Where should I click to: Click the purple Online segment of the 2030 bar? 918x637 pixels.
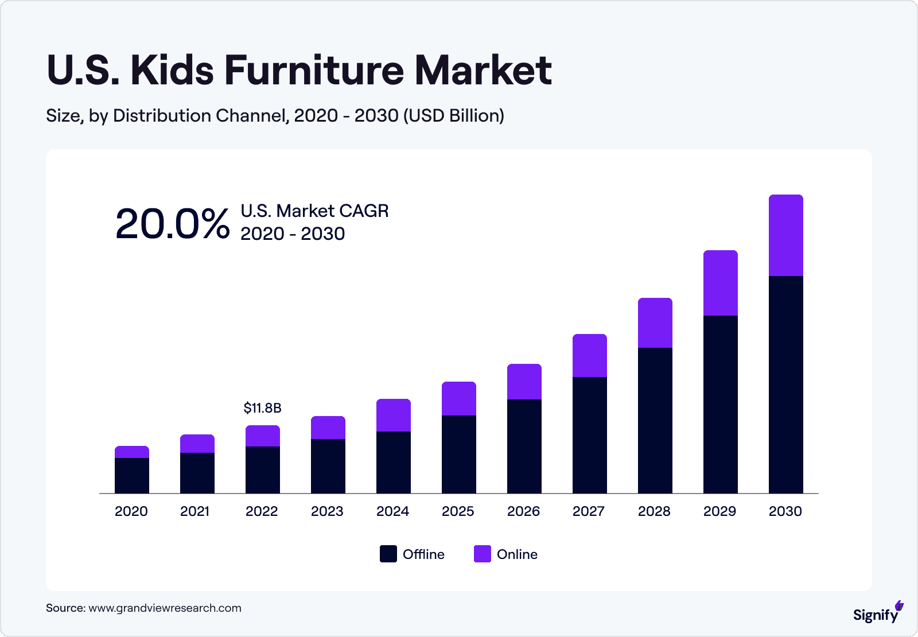pyautogui.click(x=785, y=236)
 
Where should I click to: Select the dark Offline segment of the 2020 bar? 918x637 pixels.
pyautogui.click(x=132, y=476)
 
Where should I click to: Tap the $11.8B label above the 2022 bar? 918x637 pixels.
pyautogui.click(x=262, y=408)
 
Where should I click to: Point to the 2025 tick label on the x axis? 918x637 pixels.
pyautogui.click(x=458, y=511)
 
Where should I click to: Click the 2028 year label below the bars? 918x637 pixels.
pyautogui.click(x=654, y=511)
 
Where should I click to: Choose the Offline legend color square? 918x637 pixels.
pyautogui.click(x=388, y=554)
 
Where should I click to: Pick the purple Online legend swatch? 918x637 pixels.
pyautogui.click(x=483, y=554)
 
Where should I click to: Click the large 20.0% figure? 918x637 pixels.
pyautogui.click(x=172, y=224)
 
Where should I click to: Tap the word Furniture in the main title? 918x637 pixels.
pyautogui.click(x=314, y=71)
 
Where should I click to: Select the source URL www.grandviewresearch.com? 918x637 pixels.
pyautogui.click(x=165, y=608)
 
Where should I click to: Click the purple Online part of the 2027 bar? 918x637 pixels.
pyautogui.click(x=589, y=356)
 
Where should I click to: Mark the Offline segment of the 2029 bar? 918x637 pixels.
pyautogui.click(x=720, y=404)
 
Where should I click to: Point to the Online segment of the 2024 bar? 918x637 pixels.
pyautogui.click(x=393, y=415)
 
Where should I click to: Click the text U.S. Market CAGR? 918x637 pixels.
pyautogui.click(x=314, y=211)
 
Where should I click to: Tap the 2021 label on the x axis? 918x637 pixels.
pyautogui.click(x=195, y=511)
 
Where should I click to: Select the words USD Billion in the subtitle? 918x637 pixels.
pyautogui.click(x=453, y=115)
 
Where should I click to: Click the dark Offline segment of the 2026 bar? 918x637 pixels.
pyautogui.click(x=524, y=446)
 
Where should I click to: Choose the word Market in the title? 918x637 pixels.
pyautogui.click(x=483, y=71)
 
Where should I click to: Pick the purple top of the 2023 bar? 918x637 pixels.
pyautogui.click(x=328, y=428)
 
